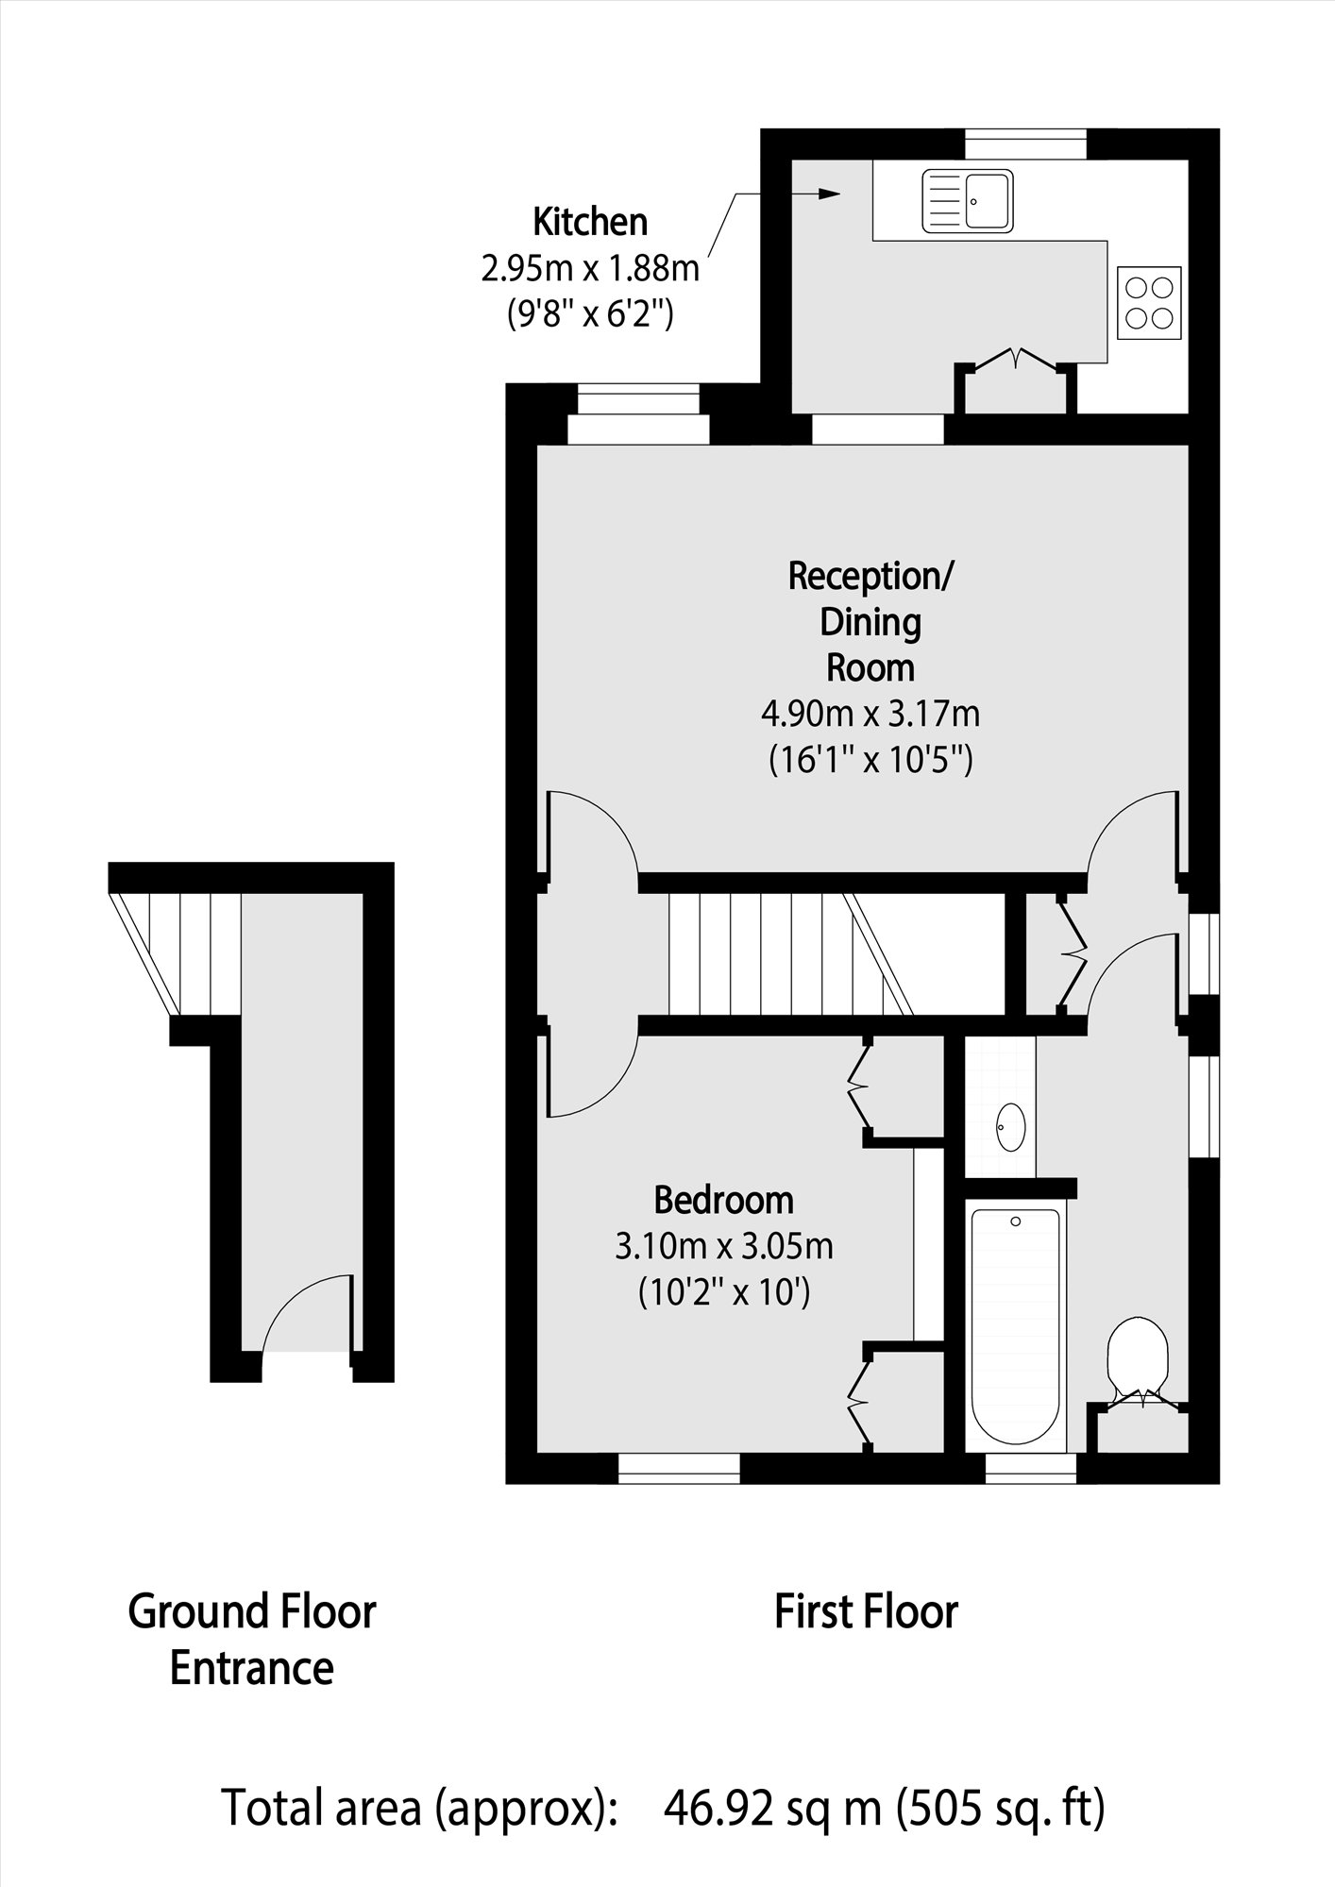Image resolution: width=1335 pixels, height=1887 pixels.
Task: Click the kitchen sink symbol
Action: pos(968,200)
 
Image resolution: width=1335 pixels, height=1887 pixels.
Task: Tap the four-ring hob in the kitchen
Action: pos(1149,303)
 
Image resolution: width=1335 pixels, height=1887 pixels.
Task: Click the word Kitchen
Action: pos(590,222)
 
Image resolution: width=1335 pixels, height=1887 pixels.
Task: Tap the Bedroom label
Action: pos(723,1200)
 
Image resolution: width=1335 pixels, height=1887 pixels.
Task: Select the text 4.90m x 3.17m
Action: pos(870,714)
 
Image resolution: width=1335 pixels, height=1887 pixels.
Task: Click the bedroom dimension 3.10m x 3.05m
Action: pos(723,1247)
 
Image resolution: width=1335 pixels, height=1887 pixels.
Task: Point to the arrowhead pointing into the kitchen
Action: pos(828,194)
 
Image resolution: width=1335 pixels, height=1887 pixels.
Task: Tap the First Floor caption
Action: pos(866,1611)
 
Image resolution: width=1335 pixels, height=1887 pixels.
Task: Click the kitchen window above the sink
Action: pos(1025,144)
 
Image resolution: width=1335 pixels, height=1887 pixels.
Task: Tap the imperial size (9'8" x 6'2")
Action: pos(590,312)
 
